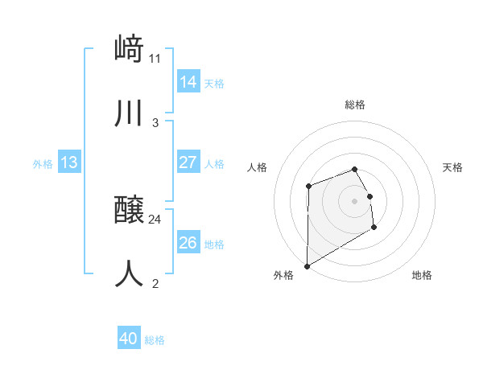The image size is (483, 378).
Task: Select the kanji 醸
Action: pos(129,211)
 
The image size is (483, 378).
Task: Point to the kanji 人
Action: pos(129,273)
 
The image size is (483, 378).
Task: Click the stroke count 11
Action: pos(155,58)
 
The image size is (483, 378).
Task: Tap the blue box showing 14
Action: pos(188,81)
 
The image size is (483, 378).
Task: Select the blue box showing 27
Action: pos(188,162)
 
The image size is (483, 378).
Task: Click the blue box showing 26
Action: pos(188,243)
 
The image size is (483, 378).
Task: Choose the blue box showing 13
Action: pos(69,162)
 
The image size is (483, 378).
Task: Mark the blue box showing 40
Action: pos(129,339)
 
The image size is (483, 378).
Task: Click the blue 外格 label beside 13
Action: pos(43,163)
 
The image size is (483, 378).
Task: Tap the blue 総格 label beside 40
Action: pos(155,340)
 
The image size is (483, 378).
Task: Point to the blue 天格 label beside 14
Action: pos(214,83)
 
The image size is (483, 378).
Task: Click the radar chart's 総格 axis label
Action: pos(355,105)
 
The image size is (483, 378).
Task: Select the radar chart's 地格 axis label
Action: pos(422,275)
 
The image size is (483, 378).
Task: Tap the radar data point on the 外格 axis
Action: pos(307,266)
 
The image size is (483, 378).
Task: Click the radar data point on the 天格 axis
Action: pos(369,196)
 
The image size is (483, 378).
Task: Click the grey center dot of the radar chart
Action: pos(355,201)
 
